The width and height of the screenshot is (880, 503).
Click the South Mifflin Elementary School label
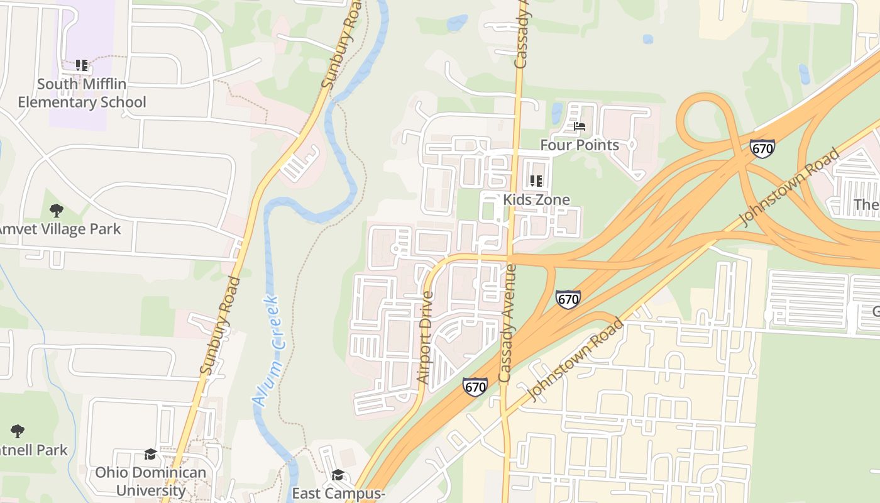[x=82, y=93]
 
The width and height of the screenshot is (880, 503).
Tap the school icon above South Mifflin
[x=82, y=65]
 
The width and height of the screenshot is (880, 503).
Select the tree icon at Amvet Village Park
[x=57, y=210]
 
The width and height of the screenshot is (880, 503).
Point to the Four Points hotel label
[x=580, y=145]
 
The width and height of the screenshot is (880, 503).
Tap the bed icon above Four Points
[x=580, y=126]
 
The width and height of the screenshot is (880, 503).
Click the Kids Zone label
[x=536, y=200]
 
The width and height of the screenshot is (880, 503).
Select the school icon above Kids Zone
[x=536, y=181]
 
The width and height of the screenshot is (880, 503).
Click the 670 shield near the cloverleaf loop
[x=762, y=148]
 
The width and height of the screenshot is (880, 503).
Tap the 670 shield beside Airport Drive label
[x=475, y=387]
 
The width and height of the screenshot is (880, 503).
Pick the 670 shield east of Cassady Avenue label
[x=568, y=299]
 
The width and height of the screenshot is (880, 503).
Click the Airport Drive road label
[x=426, y=338]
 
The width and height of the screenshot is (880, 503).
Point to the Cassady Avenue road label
[x=507, y=323]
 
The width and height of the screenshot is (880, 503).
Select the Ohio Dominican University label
[x=150, y=481]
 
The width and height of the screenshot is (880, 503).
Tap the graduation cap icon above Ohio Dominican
[x=150, y=454]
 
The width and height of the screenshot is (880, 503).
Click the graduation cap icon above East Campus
[x=338, y=474]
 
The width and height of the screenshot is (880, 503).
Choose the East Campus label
[x=338, y=494]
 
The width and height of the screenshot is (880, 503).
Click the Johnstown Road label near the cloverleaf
[x=791, y=187]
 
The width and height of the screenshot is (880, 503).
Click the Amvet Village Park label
[x=60, y=229]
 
